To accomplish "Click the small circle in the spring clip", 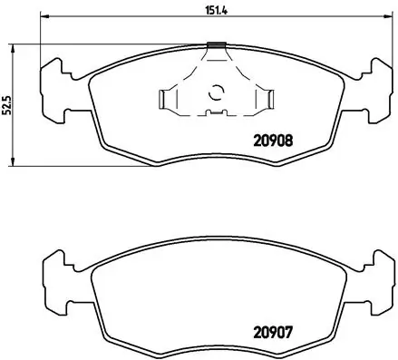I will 216,91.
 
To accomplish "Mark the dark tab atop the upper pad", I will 216,44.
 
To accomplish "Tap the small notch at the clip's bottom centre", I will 216,112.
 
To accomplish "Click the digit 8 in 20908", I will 287,141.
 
